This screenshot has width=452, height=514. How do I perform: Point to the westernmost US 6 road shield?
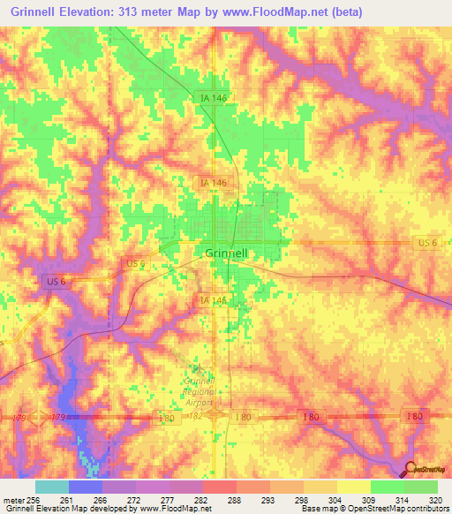tap(54, 281)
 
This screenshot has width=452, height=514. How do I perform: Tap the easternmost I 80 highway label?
tap(414, 416)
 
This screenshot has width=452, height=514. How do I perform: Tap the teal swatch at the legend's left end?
tap(51, 487)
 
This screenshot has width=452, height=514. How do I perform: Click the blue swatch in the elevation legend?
tap(85, 487)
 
